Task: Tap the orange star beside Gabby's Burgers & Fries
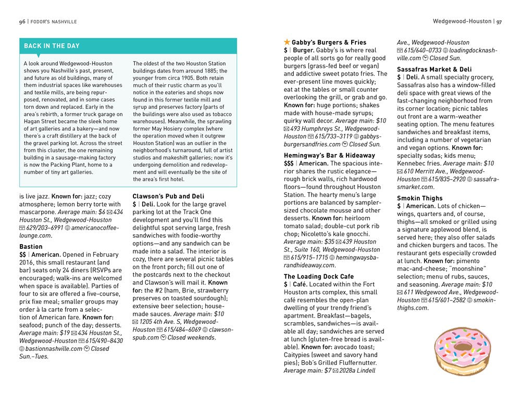[x=287, y=42]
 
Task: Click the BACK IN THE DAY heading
[x=52, y=46]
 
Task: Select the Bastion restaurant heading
[x=31, y=247]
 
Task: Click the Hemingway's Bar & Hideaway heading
[x=329, y=155]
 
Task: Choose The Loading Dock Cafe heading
[x=319, y=276]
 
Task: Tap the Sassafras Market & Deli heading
[x=434, y=69]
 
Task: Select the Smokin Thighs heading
[x=419, y=198]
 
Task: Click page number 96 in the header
[x=22, y=22]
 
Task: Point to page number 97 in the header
[x=499, y=22]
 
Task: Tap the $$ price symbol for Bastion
[x=23, y=255]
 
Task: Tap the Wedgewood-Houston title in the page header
[x=462, y=21]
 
